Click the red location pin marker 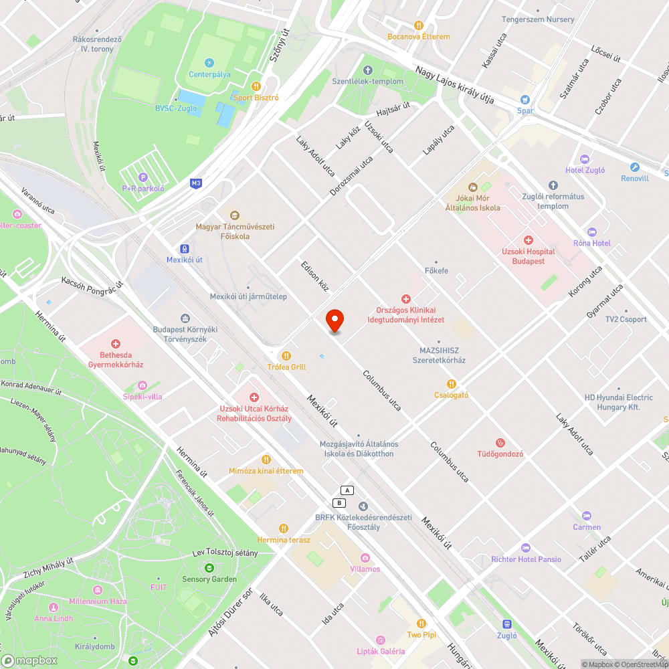pyautogui.click(x=334, y=321)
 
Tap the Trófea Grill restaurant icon pyautogui.click(x=286, y=355)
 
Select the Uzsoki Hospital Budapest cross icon pyautogui.click(x=528, y=240)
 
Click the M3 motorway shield pyautogui.click(x=196, y=183)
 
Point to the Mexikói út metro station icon pyautogui.click(x=184, y=249)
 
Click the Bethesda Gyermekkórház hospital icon pyautogui.click(x=116, y=343)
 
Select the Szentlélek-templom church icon pyautogui.click(x=367, y=70)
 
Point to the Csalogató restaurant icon pyautogui.click(x=452, y=383)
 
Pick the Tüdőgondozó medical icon pyautogui.click(x=500, y=442)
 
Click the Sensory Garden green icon pyautogui.click(x=209, y=567)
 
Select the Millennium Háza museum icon pyautogui.click(x=98, y=590)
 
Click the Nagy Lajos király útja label pyautogui.click(x=454, y=85)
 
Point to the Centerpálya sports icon pyautogui.click(x=209, y=63)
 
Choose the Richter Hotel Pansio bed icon pyautogui.click(x=525, y=548)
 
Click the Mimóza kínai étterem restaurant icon pyautogui.click(x=266, y=459)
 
